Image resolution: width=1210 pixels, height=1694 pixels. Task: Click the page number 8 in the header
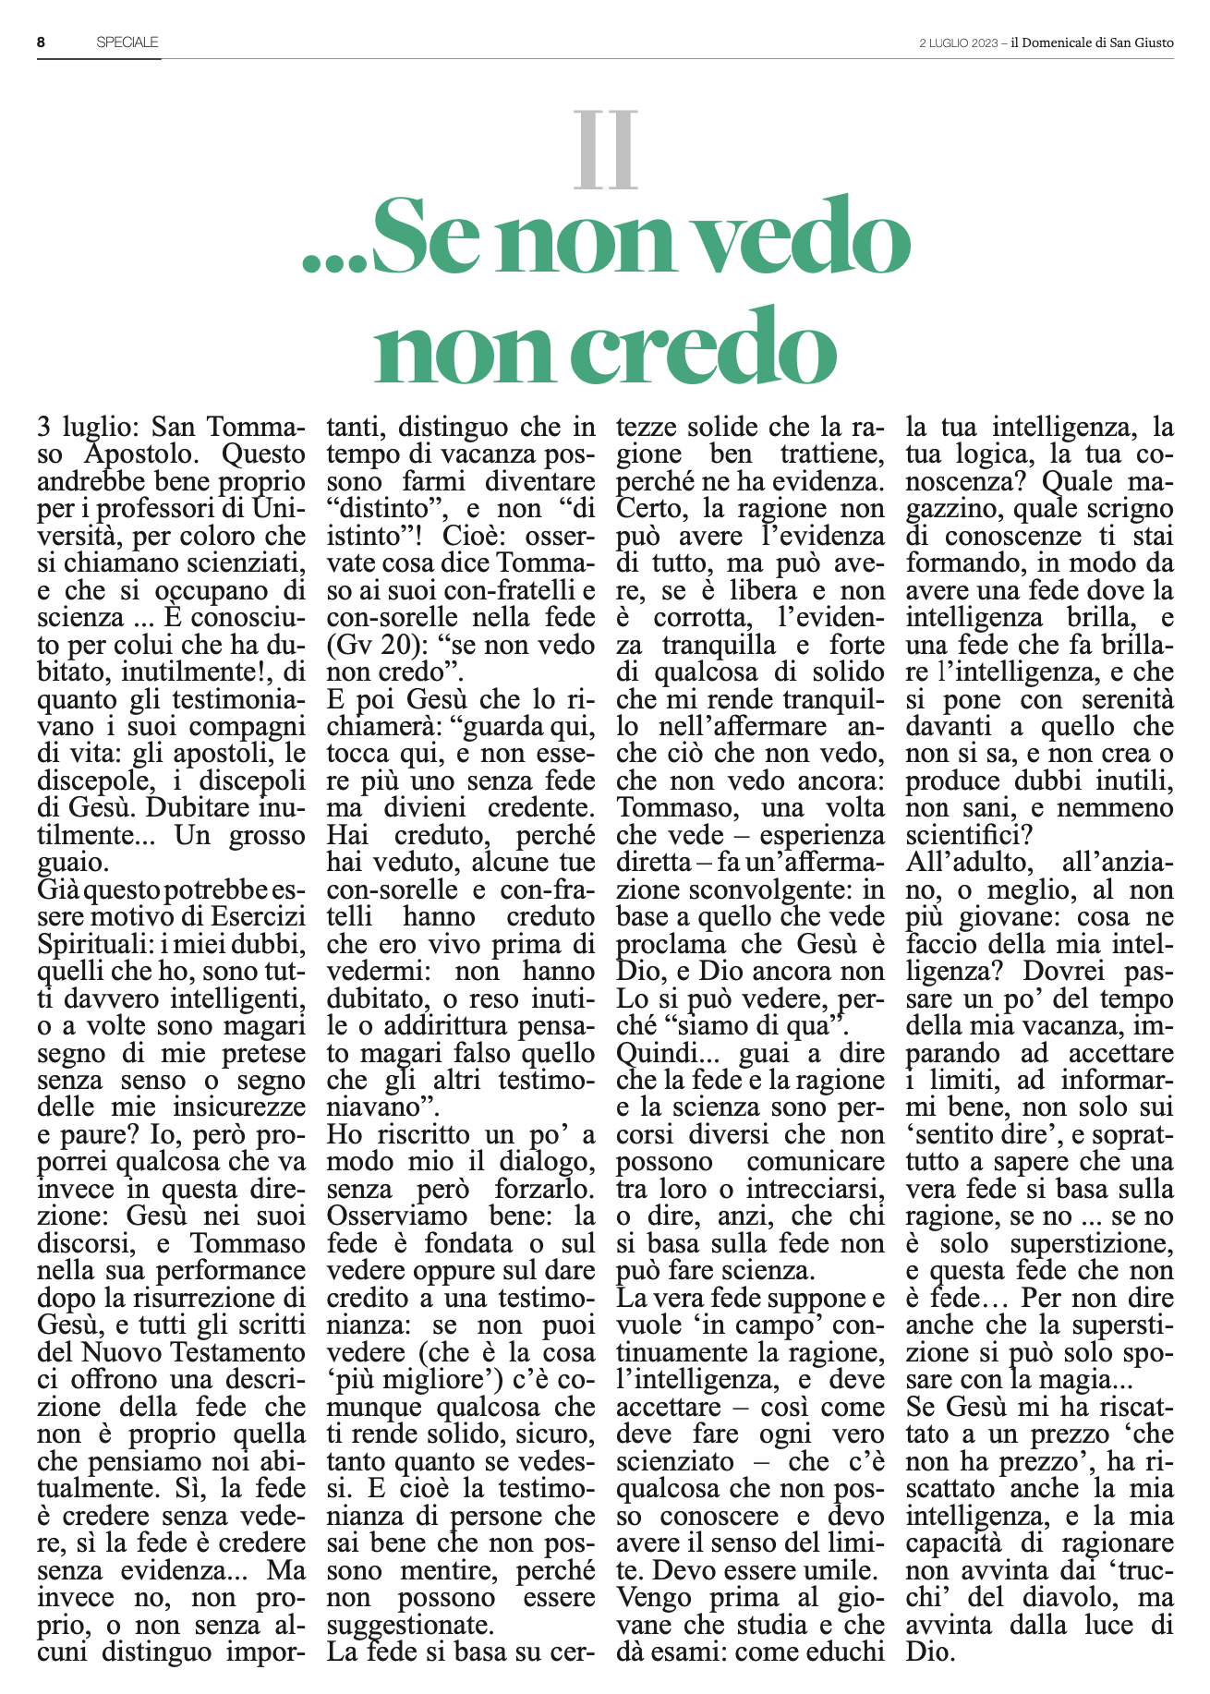click(42, 42)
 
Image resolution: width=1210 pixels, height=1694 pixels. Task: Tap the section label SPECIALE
click(127, 42)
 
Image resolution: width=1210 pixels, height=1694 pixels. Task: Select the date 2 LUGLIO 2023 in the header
click(959, 43)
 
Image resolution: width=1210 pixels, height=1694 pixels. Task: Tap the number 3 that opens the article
click(43, 428)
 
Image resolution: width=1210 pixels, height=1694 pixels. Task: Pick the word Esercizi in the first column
click(257, 917)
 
